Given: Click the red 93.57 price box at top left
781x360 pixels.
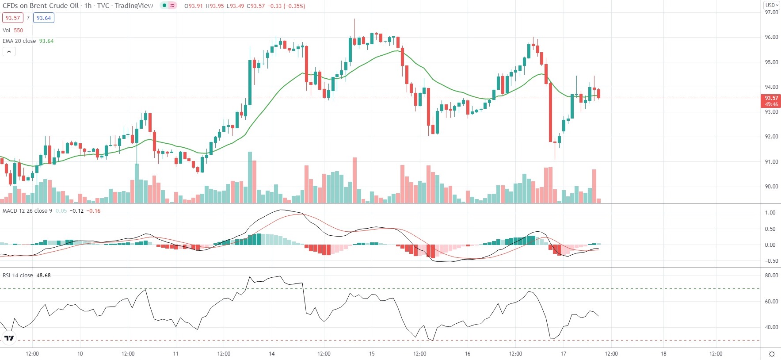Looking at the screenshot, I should point(13,18).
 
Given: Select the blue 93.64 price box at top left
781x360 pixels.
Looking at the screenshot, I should point(44,18).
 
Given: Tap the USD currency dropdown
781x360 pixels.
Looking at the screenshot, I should point(772,5).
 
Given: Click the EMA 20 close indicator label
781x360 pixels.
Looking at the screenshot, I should point(19,41).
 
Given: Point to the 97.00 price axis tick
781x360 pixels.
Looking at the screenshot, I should point(771,12).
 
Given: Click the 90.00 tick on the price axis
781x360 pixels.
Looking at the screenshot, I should point(771,187).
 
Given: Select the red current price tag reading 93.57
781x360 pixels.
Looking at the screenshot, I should point(771,98).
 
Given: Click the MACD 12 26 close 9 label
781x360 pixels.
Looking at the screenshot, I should point(27,211).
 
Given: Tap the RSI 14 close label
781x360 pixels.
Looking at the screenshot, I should point(18,276).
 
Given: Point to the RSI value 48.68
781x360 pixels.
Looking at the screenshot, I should point(43,276).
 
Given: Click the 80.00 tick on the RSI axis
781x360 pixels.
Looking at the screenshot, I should point(771,276).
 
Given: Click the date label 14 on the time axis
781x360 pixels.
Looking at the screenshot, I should point(272,354).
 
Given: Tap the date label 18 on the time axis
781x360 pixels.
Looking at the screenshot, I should point(663,354).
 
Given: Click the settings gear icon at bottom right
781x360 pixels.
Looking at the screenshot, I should point(772,354).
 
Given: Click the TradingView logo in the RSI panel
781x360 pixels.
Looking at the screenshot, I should point(9,338).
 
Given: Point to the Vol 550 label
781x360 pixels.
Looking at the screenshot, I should point(13,31).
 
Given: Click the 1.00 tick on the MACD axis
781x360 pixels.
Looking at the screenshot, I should point(770,213).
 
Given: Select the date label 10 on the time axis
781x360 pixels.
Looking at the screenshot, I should point(80,354).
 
